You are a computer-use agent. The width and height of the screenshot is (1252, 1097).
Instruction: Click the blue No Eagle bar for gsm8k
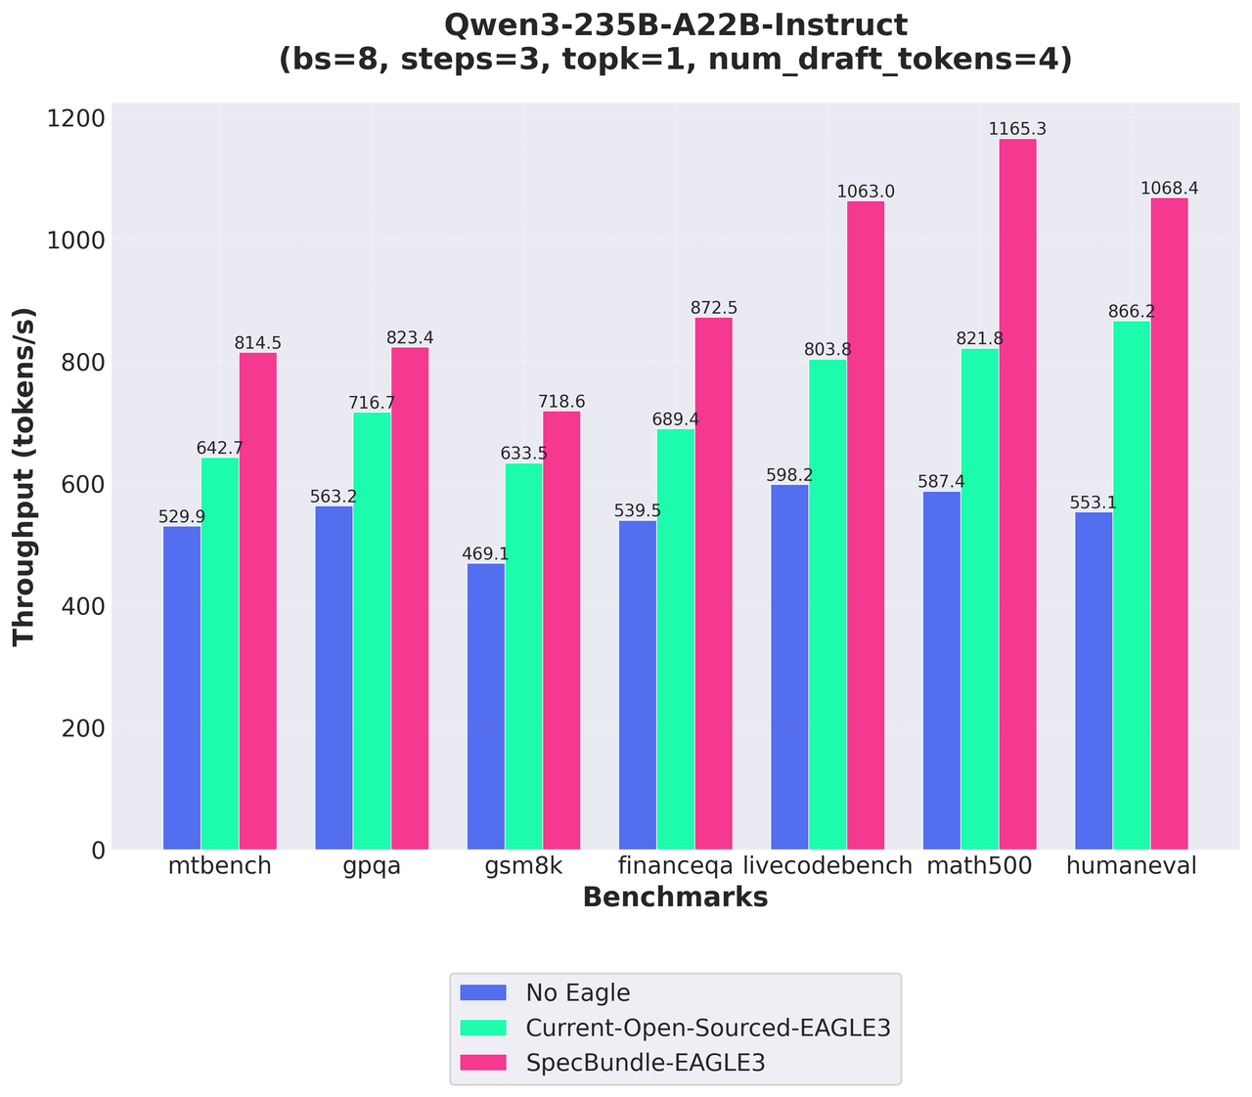pyautogui.click(x=486, y=707)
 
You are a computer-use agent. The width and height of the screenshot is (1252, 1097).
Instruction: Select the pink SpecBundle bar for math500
pyautogui.click(x=1017, y=495)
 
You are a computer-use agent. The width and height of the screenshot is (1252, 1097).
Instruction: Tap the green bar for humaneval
pyautogui.click(x=1132, y=586)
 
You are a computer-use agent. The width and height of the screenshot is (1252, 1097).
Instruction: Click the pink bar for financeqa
pyautogui.click(x=714, y=584)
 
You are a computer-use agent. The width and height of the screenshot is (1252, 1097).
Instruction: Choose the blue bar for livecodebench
pyautogui.click(x=789, y=668)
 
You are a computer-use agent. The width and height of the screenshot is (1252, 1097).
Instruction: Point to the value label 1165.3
pyautogui.click(x=1017, y=129)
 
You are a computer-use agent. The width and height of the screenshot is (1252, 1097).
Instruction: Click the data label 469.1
pyautogui.click(x=486, y=554)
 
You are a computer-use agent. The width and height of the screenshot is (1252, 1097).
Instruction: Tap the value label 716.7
pyautogui.click(x=372, y=403)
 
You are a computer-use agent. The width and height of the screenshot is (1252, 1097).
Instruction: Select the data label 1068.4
pyautogui.click(x=1170, y=188)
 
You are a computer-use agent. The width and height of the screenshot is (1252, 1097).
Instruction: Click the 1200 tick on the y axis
pyautogui.click(x=77, y=118)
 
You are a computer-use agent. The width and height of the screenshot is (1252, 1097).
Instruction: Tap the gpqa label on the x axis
pyautogui.click(x=373, y=866)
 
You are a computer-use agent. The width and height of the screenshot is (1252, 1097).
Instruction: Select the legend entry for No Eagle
pyautogui.click(x=577, y=993)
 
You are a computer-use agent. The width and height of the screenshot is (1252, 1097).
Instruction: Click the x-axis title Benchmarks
pyautogui.click(x=675, y=898)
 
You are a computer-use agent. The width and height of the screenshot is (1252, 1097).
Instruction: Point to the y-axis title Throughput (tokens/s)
pyautogui.click(x=24, y=476)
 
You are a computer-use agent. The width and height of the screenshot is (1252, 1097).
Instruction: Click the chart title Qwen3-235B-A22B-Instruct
pyautogui.click(x=675, y=24)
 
